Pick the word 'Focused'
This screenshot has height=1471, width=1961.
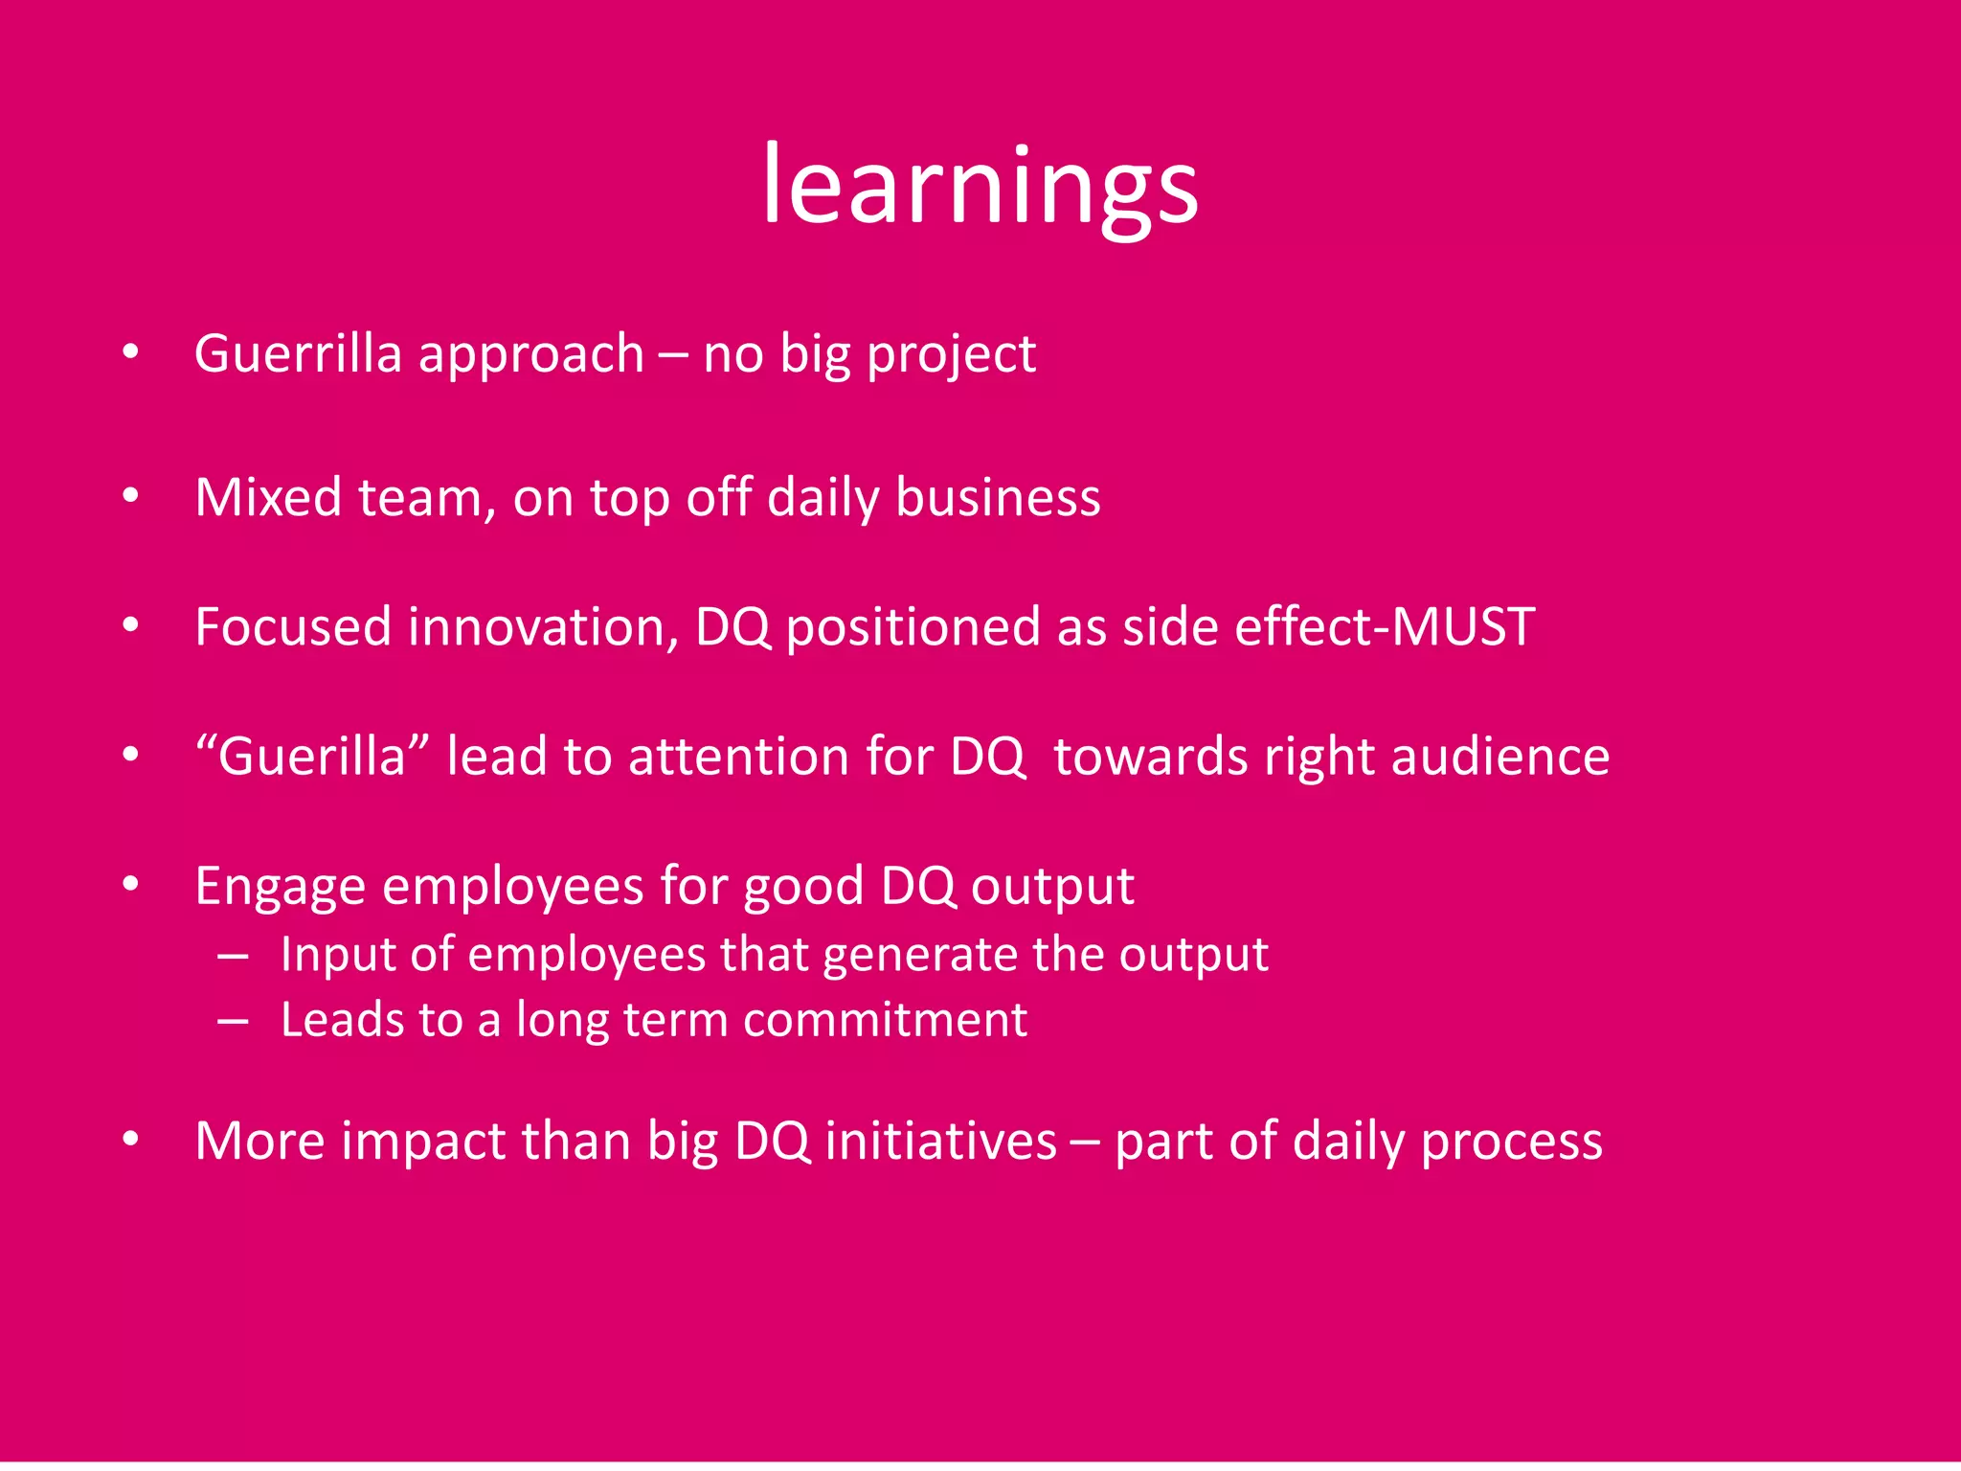pyautogui.click(x=293, y=627)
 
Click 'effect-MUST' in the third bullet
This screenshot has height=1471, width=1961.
pyautogui.click(x=1385, y=627)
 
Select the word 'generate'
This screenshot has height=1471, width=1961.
pyautogui.click(x=916, y=955)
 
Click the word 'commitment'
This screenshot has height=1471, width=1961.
pyautogui.click(x=885, y=1020)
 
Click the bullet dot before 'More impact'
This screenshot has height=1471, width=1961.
pyautogui.click(x=131, y=1140)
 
